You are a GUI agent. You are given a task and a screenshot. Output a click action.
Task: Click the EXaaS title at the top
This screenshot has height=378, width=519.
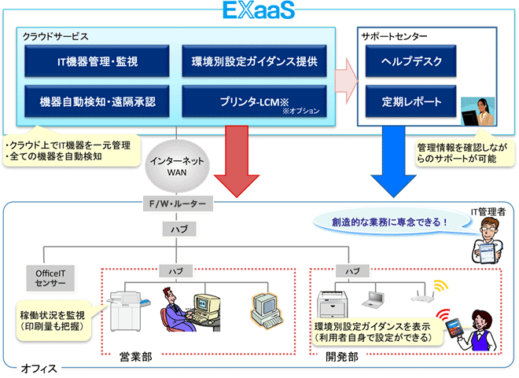pos(259,11)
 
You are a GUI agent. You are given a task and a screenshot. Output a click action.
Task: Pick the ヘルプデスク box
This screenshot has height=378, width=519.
pos(412,61)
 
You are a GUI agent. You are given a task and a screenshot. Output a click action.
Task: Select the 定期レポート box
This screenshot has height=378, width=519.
pos(412,101)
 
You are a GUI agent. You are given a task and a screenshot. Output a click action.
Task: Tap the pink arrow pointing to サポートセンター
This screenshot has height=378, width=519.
pos(346,81)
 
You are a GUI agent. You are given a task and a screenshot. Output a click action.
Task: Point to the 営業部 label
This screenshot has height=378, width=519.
pos(135,356)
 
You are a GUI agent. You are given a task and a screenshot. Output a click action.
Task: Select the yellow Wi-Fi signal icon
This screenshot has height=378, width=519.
pos(438,284)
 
